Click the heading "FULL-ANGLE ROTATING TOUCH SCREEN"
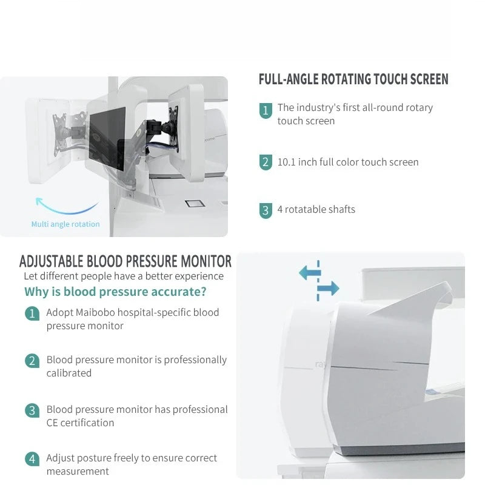tap(353, 79)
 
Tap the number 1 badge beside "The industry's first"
tap(266, 110)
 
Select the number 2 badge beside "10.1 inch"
tap(266, 162)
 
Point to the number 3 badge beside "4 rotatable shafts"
tap(266, 210)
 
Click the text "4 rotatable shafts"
tap(316, 209)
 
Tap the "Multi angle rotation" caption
tap(65, 224)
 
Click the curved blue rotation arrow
tap(66, 208)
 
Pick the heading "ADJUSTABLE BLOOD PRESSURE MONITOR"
tap(125, 261)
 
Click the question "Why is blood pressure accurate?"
tap(115, 292)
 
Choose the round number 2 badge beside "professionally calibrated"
tap(32, 361)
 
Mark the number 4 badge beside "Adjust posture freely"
tap(32, 459)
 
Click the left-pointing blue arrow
tap(310, 272)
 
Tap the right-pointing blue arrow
tap(328, 289)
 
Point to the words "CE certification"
tap(80, 423)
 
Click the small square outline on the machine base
tap(195, 204)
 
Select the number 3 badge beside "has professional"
tap(32, 410)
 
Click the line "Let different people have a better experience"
tap(124, 276)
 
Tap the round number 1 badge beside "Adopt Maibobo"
tap(32, 313)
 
